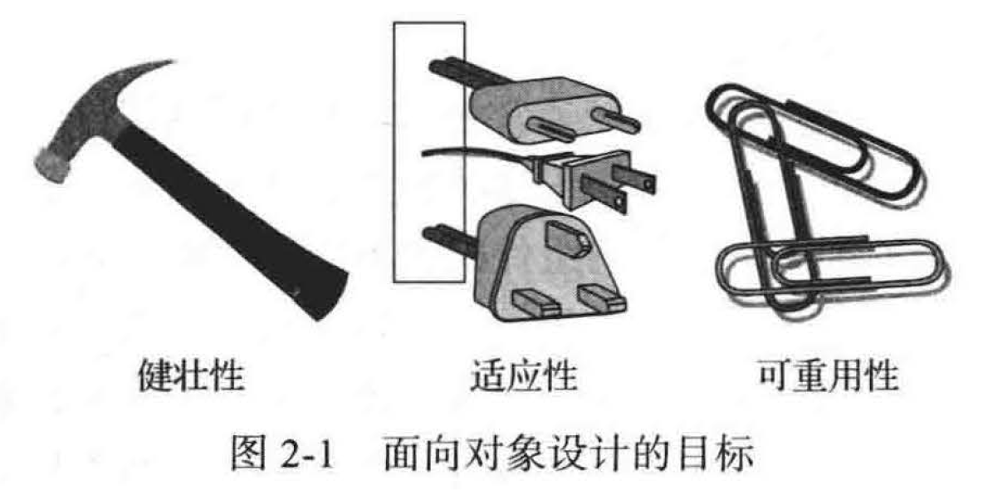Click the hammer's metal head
[x=95, y=126]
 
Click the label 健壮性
[x=191, y=376]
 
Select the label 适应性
[x=523, y=376]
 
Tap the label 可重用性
[x=827, y=376]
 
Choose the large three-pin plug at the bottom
[x=542, y=265]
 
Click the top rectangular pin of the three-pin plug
[x=566, y=238]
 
